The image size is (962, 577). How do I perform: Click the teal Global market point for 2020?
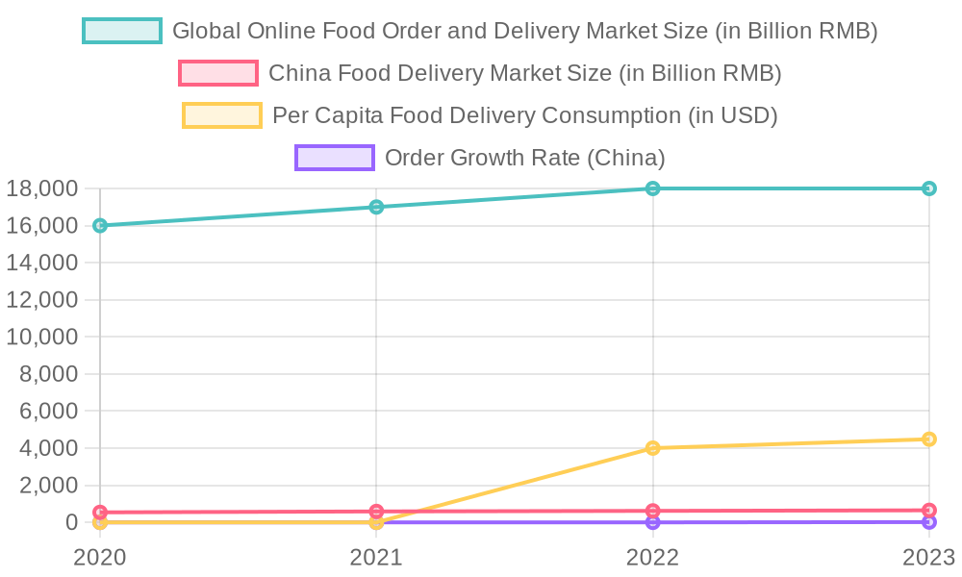click(100, 225)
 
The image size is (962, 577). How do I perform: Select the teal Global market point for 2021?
click(376, 207)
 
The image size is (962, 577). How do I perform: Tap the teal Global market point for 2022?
click(652, 188)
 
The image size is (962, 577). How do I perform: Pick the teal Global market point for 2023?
click(928, 188)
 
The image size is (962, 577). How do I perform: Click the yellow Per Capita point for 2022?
click(652, 448)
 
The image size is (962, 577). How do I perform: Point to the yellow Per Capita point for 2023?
click(928, 439)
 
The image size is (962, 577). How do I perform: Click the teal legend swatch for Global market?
click(122, 31)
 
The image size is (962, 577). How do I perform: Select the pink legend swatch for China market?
click(218, 73)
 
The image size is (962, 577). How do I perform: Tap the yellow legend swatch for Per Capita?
click(222, 115)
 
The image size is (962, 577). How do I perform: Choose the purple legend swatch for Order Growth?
click(334, 158)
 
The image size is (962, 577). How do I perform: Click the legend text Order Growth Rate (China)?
click(524, 158)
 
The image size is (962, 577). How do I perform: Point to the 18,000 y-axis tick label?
click(41, 188)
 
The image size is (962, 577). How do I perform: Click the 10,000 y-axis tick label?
click(41, 337)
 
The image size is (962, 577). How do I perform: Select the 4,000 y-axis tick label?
click(48, 448)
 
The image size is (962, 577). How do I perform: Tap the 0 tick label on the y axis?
click(71, 522)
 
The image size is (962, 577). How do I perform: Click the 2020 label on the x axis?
click(100, 557)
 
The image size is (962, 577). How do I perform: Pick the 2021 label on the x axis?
click(376, 557)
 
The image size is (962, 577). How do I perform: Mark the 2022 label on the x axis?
click(652, 557)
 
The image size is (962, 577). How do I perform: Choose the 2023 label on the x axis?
click(927, 557)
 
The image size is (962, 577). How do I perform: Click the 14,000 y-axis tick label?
click(41, 263)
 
